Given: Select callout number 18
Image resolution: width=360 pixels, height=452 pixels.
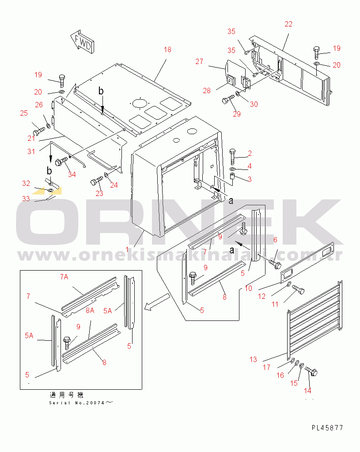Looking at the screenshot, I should tap(167, 50).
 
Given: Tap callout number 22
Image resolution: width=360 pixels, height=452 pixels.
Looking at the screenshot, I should tap(288, 24).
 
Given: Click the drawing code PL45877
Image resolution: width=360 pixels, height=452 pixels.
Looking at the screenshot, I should tap(327, 428).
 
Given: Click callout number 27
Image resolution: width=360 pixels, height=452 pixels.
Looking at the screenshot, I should tap(199, 61).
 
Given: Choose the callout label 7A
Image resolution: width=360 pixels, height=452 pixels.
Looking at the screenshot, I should tap(64, 277).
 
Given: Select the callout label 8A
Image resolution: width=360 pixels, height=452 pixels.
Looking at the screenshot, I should tap(90, 311).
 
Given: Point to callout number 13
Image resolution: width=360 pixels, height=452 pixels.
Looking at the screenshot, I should tap(253, 360).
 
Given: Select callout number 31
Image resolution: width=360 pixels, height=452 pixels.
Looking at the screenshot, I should tap(30, 151).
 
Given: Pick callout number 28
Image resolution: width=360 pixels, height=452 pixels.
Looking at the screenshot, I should tap(207, 90).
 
